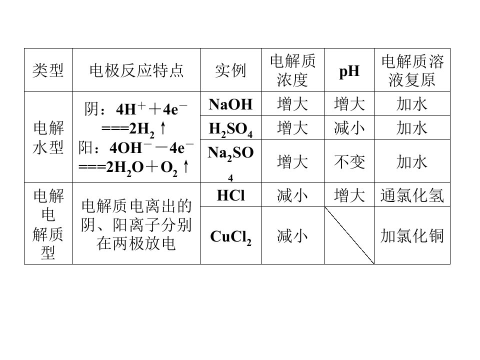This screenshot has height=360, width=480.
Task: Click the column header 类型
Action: pos(48,70)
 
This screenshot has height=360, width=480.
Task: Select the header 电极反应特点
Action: pos(136,70)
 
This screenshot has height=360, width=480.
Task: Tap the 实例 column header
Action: pos(230,70)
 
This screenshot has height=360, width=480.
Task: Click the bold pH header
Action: pos(349,71)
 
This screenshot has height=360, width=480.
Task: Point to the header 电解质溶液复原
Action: pos(412,70)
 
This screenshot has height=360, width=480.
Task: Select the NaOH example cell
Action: pos(230,104)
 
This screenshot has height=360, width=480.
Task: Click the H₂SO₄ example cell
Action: pos(230,129)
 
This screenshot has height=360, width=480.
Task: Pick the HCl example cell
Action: pos(230,195)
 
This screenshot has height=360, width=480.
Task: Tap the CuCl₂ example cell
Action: pos(230,236)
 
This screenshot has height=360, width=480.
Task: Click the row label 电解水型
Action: pos(48,137)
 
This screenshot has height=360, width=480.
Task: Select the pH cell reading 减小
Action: pos(349,128)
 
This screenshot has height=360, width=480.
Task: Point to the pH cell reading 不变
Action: pos(349,162)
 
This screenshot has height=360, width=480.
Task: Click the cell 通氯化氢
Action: pos(412,195)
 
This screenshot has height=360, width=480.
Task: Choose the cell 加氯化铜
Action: pos(412,236)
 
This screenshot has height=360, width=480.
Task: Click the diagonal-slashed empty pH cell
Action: pos(349,235)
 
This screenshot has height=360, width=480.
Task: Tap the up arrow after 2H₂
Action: pos(163,128)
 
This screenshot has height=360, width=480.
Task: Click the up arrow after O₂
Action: pos(186,167)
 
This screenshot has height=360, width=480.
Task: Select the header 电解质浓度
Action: pos(292,70)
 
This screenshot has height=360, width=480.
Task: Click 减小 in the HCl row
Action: pos(292,195)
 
